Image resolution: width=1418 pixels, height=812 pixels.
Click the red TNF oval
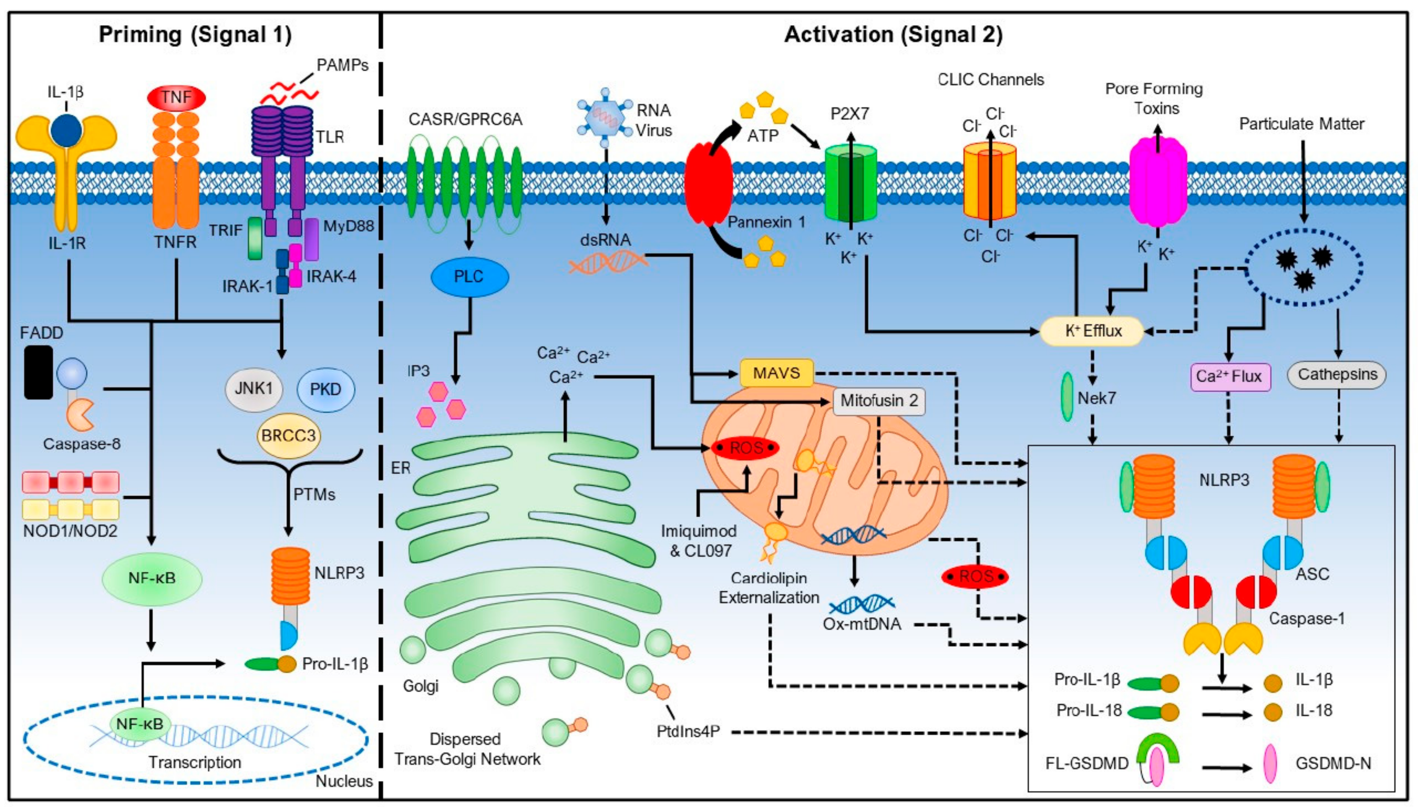point(176,98)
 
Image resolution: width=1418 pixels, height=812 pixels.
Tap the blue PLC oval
point(469,277)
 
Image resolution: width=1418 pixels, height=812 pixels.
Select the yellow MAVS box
point(776,372)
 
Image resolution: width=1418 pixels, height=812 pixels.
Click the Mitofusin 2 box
point(879,401)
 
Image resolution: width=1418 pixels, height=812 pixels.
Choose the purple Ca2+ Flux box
point(1230,377)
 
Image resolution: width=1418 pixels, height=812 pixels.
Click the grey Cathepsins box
point(1337,375)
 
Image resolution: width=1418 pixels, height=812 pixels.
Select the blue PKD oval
point(325,389)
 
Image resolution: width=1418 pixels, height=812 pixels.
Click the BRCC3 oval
point(289,435)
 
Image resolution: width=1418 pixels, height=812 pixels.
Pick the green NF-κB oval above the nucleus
point(152,578)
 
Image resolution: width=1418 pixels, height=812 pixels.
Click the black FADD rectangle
point(38,372)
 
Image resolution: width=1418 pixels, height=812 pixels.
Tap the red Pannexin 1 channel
point(708,182)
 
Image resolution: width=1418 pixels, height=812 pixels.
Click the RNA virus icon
point(604,118)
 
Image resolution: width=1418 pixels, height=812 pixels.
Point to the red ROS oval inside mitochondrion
point(746,448)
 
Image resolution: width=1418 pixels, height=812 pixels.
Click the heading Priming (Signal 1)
point(195,35)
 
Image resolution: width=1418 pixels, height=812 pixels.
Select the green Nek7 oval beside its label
point(1066,397)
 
